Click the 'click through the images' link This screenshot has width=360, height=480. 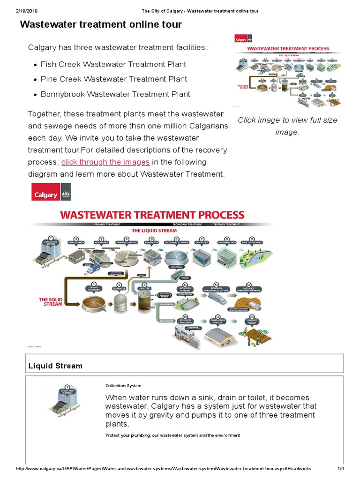click(x=105, y=162)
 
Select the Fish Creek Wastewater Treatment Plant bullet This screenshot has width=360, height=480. click(x=113, y=64)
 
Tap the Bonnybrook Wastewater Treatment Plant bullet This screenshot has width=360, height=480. click(x=115, y=94)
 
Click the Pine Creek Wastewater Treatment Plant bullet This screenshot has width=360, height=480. click(x=113, y=79)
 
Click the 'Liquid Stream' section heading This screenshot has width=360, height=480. click(x=55, y=366)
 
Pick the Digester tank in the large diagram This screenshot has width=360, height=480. click(x=144, y=302)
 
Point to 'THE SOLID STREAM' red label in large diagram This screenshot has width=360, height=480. click(x=50, y=301)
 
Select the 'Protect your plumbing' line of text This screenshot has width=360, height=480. click(x=172, y=435)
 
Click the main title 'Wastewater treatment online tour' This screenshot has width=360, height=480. click(x=101, y=24)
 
